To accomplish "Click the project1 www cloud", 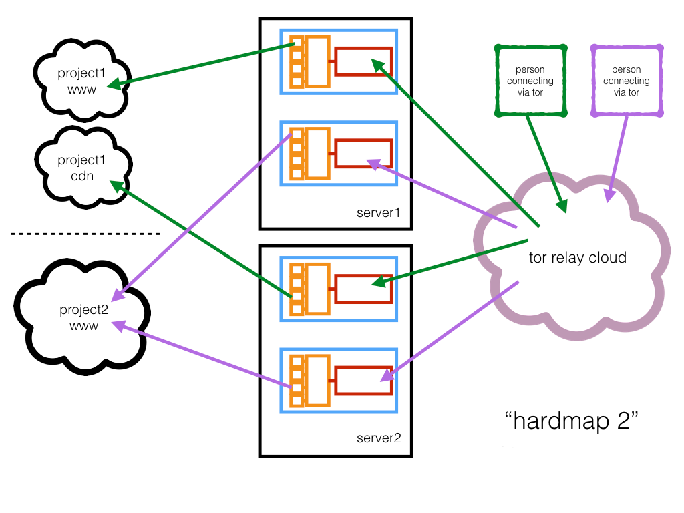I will (x=81, y=79).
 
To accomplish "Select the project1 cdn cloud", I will (x=81, y=168).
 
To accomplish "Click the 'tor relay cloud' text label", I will (x=577, y=257).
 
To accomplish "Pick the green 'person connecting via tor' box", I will (x=530, y=81).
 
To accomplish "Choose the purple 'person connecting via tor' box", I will (x=626, y=81).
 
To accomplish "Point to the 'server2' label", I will (x=379, y=438).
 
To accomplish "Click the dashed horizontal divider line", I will (x=85, y=234).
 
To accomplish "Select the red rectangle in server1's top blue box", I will (x=363, y=61).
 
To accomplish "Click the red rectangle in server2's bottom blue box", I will (x=363, y=380).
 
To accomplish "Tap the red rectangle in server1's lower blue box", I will (x=363, y=153).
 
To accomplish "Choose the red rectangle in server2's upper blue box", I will (x=363, y=288).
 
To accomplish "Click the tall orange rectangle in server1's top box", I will (x=318, y=61).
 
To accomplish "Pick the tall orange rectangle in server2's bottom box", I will (x=318, y=380).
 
